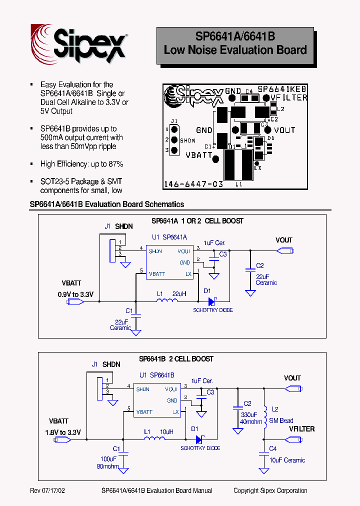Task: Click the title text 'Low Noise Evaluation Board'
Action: [x=235, y=50]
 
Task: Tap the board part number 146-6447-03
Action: [x=193, y=184]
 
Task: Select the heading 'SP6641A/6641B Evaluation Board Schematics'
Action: [x=107, y=204]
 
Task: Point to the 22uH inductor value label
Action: [x=179, y=293]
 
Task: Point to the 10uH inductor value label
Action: [x=166, y=431]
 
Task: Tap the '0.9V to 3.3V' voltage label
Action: [x=75, y=294]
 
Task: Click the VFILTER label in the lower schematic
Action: [x=301, y=429]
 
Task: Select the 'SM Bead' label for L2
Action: [x=281, y=420]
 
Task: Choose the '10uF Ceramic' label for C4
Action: [x=287, y=460]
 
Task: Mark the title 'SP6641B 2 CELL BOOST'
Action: [x=176, y=359]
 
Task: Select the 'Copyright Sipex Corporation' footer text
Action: [x=270, y=491]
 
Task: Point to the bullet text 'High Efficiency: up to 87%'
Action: [x=81, y=164]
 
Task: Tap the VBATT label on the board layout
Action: [x=198, y=155]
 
